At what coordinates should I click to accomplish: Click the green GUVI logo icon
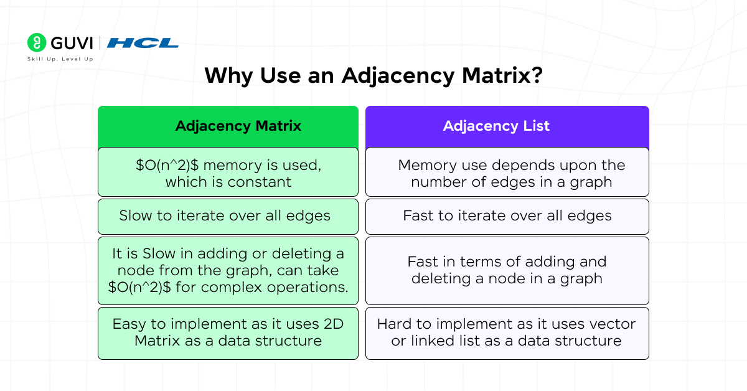point(37,42)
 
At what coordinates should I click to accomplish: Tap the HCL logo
point(143,43)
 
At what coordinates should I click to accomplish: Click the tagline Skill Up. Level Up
point(60,59)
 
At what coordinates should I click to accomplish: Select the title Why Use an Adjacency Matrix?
point(374,75)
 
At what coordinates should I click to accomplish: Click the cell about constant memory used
point(228,172)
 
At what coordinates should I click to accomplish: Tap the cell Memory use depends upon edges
point(507,172)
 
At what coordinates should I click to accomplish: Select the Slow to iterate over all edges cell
point(228,215)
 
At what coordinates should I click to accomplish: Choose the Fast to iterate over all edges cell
point(507,215)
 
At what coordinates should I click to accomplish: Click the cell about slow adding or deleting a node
point(228,270)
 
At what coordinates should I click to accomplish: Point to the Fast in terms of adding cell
point(507,270)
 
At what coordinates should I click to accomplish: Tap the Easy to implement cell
point(228,332)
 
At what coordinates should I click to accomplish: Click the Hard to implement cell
point(507,332)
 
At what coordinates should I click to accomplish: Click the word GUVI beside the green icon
point(72,43)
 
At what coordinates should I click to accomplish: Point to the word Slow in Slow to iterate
point(135,215)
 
